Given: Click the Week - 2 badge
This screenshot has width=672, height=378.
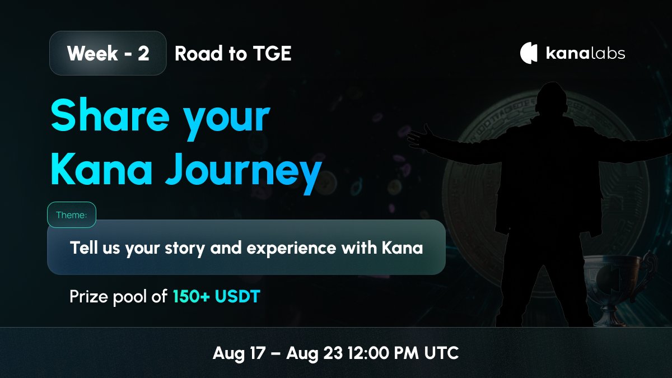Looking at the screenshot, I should coord(108,54).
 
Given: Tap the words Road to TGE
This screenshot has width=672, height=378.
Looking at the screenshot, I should coord(233,54).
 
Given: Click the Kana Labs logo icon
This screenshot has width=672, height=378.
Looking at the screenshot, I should coord(529,53).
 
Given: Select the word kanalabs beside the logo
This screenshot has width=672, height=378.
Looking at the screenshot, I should coord(585,54).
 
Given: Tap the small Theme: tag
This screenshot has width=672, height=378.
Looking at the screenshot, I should coord(72,215).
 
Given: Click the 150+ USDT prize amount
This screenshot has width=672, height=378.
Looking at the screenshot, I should coord(217,296).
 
